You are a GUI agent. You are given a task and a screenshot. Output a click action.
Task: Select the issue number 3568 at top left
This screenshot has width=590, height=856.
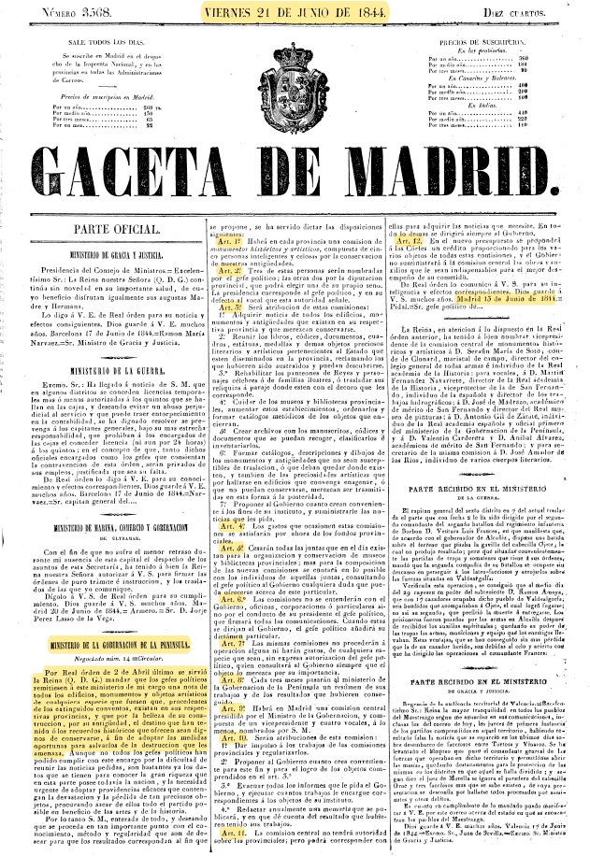coord(72,11)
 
